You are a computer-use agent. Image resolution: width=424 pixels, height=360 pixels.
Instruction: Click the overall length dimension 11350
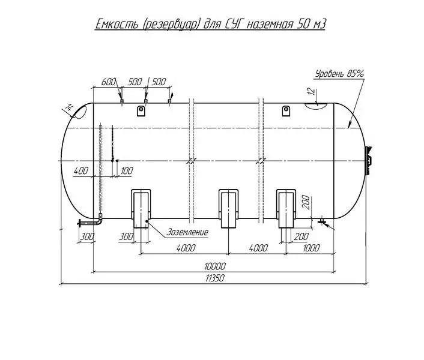pyautogui.click(x=215, y=278)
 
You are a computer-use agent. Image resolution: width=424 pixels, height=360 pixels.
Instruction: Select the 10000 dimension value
pyautogui.click(x=215, y=266)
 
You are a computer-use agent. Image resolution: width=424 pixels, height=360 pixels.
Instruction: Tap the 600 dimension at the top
pyautogui.click(x=109, y=82)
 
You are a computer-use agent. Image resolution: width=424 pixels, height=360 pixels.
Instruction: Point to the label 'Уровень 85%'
pyautogui.click(x=339, y=73)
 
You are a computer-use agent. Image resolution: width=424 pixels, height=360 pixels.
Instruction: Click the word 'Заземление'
pyautogui.click(x=187, y=232)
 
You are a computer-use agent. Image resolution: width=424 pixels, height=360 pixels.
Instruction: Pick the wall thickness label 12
pyautogui.click(x=312, y=91)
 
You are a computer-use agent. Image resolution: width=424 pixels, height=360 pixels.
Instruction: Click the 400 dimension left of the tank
pyautogui.click(x=81, y=170)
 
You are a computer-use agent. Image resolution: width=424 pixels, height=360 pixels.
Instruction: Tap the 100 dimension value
pyautogui.click(x=127, y=170)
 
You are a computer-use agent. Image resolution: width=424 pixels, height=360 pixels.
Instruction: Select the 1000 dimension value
pyautogui.click(x=311, y=248)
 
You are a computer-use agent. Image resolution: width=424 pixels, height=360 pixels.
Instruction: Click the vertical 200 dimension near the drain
pyautogui.click(x=306, y=202)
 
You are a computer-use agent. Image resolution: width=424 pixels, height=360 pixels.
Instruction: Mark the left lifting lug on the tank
pyautogui.click(x=141, y=111)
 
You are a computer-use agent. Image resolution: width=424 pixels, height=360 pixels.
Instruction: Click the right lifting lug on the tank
pyautogui.click(x=286, y=111)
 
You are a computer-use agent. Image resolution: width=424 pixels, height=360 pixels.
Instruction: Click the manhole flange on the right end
pyautogui.click(x=369, y=160)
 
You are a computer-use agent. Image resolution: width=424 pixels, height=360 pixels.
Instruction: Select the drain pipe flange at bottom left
pyautogui.click(x=79, y=223)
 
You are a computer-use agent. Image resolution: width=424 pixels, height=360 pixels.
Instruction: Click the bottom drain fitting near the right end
pyautogui.click(x=321, y=221)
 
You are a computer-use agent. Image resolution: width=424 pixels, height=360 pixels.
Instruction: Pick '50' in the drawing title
pyautogui.click(x=303, y=25)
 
